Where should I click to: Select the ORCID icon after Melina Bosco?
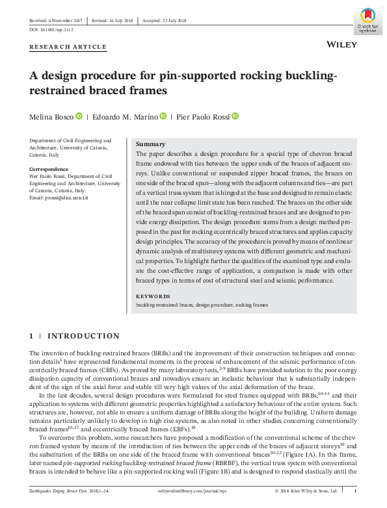[x=79, y=116]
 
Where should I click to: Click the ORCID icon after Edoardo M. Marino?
[x=163, y=116]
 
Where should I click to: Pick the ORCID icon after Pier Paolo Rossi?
[x=235, y=116]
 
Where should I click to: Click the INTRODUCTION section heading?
[x=83, y=336]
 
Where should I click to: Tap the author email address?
[x=59, y=197]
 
